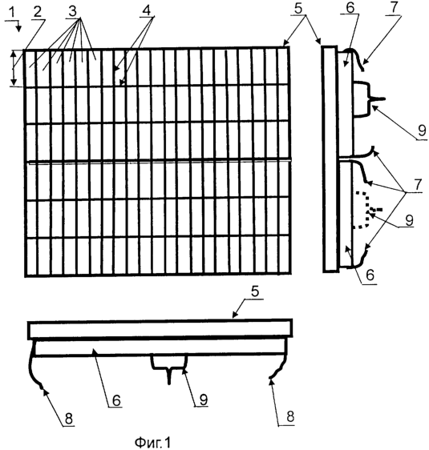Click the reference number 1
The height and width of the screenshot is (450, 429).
(10, 13)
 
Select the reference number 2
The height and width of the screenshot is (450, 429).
(38, 12)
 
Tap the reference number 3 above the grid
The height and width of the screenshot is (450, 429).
(72, 11)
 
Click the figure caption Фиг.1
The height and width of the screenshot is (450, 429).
(152, 442)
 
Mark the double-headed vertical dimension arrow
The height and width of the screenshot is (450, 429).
(13, 68)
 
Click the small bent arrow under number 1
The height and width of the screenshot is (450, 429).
(15, 25)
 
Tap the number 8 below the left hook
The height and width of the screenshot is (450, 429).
(69, 419)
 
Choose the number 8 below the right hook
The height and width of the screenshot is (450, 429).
(290, 416)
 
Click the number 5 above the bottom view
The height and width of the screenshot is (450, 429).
(254, 291)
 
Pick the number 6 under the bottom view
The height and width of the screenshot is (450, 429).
(116, 400)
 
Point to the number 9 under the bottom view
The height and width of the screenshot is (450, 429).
(204, 399)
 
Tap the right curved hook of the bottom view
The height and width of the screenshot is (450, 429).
(281, 364)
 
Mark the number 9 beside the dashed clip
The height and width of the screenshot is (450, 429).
(409, 220)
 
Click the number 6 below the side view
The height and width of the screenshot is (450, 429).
(370, 275)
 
